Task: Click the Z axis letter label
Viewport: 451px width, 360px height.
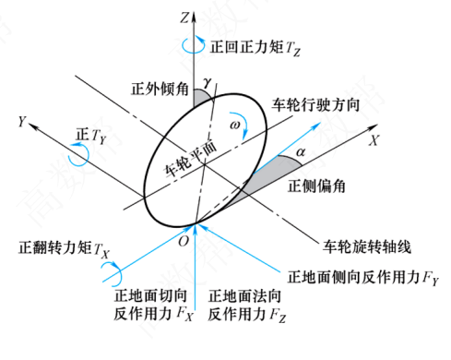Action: [184, 18]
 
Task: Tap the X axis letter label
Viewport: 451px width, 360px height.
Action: [374, 140]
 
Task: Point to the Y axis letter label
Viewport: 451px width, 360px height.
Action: [22, 122]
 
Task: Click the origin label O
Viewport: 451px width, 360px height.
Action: [184, 241]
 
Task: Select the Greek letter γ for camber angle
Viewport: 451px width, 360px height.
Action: [208, 82]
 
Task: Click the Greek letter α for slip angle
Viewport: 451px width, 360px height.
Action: [301, 151]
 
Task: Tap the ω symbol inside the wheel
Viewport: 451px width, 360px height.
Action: [235, 125]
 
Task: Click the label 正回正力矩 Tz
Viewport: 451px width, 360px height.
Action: [255, 48]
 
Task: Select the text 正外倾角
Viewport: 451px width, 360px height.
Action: [160, 89]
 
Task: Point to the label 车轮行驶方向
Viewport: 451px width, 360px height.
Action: [315, 105]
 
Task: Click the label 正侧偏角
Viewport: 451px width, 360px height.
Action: [316, 186]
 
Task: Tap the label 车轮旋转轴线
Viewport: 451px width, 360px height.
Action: [367, 246]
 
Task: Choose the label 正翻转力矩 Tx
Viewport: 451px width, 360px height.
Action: [64, 248]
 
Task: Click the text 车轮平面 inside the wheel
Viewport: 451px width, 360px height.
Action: [191, 160]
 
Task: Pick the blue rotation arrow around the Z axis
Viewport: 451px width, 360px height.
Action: [193, 45]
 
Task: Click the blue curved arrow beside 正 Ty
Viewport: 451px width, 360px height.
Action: [79, 154]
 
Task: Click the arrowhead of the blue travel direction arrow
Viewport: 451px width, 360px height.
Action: [315, 126]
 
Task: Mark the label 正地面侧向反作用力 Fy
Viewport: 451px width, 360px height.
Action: [363, 278]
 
